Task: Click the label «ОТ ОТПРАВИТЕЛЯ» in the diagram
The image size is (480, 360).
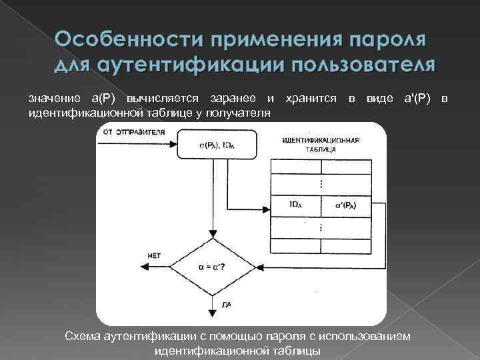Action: coord(134,131)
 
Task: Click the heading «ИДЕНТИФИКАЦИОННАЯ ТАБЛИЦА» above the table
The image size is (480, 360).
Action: coord(321,145)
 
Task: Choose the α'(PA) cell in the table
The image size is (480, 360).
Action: coord(346,205)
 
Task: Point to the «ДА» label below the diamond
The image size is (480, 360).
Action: coord(227,303)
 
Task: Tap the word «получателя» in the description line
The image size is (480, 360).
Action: coord(239,113)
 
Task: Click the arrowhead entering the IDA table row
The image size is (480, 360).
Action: coord(268,205)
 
